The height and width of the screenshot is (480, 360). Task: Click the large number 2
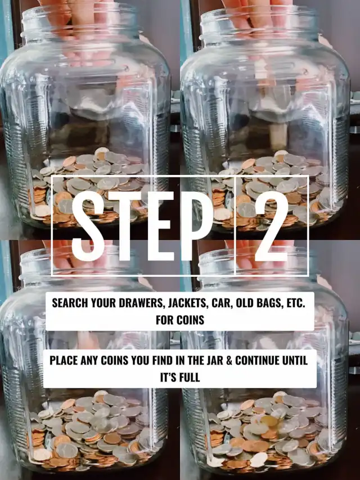[272, 226]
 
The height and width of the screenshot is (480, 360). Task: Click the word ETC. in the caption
[296, 303]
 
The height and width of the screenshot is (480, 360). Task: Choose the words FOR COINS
[180, 320]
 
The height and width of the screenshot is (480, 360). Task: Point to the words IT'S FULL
[180, 377]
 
